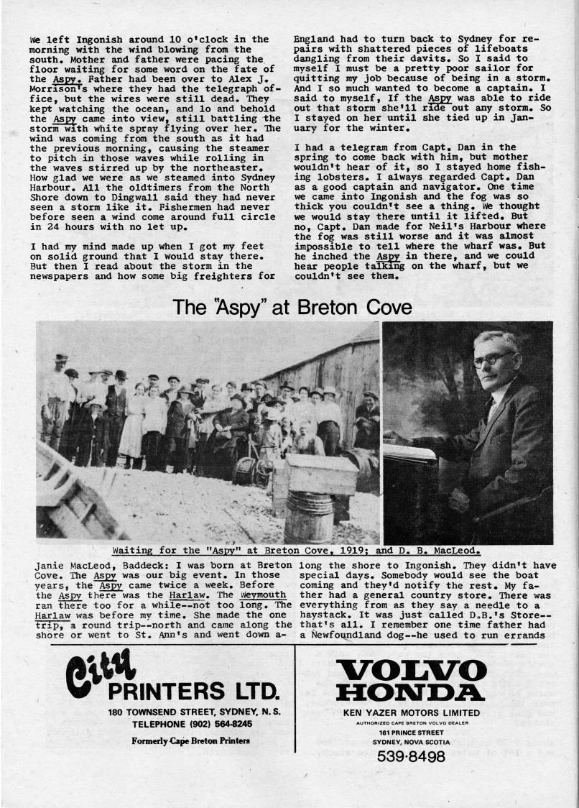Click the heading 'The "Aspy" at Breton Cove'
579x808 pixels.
tap(292, 308)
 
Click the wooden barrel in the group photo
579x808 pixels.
tap(308, 517)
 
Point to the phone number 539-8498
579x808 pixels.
tap(411, 756)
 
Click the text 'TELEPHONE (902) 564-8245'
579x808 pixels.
tap(191, 724)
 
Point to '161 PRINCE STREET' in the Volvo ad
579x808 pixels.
tap(411, 733)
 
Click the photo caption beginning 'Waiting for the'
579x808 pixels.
tap(296, 551)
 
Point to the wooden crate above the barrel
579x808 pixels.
tap(322, 474)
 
